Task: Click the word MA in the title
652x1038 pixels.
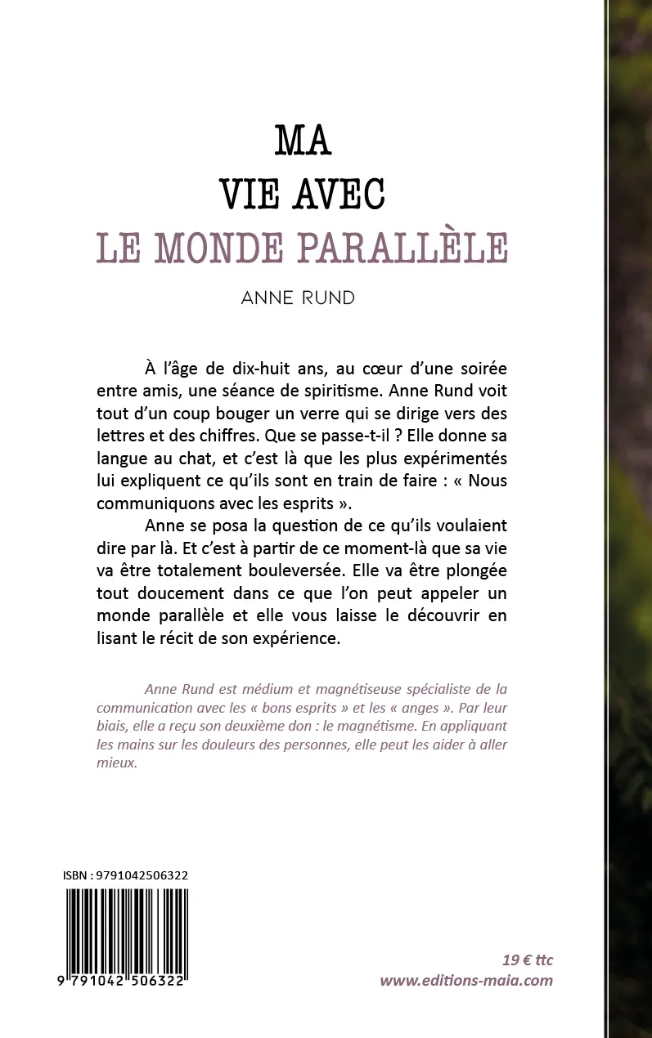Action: [303, 141]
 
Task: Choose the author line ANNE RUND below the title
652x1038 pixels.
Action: [299, 298]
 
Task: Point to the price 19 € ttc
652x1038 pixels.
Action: [528, 960]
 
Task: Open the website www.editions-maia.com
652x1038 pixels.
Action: [466, 981]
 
